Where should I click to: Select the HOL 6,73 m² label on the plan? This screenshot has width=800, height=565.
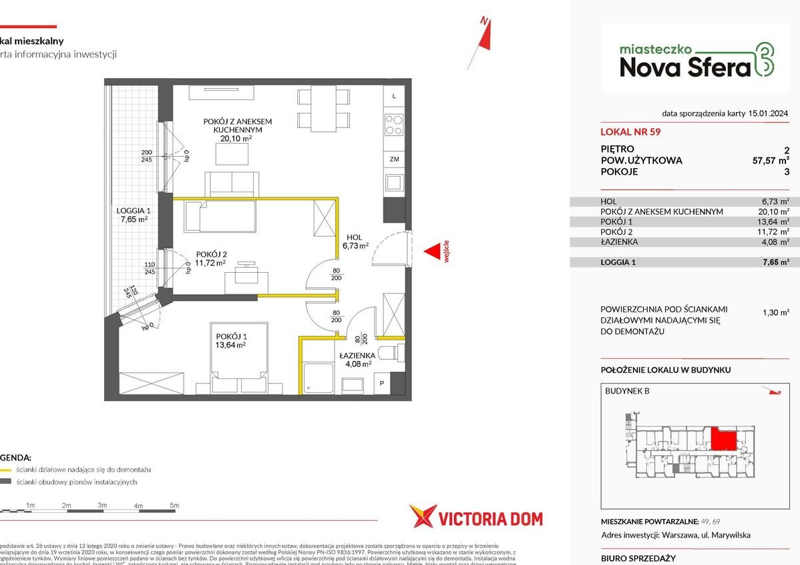coord(355,241)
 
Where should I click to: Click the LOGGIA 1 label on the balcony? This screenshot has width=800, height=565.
coord(131,214)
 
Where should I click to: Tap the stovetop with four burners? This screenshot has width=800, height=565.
coord(394,125)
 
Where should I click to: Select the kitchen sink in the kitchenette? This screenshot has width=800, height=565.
coord(394,181)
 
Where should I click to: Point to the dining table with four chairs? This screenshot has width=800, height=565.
coord(323,109)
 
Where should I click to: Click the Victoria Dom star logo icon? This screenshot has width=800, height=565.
coord(423,518)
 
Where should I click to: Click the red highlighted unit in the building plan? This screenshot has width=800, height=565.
coord(723,440)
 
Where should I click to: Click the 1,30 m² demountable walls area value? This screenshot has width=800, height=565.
coord(775,312)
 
